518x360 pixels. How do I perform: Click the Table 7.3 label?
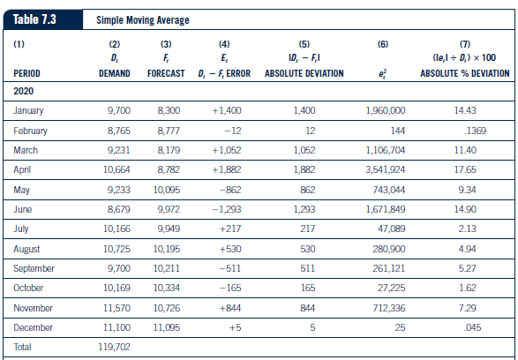37,19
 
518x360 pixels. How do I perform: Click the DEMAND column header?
113,71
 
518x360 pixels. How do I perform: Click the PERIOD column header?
29,71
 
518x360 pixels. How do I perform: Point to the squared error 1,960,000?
385,110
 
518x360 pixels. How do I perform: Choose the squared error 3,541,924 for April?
385,169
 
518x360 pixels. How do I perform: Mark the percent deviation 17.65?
477,169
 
